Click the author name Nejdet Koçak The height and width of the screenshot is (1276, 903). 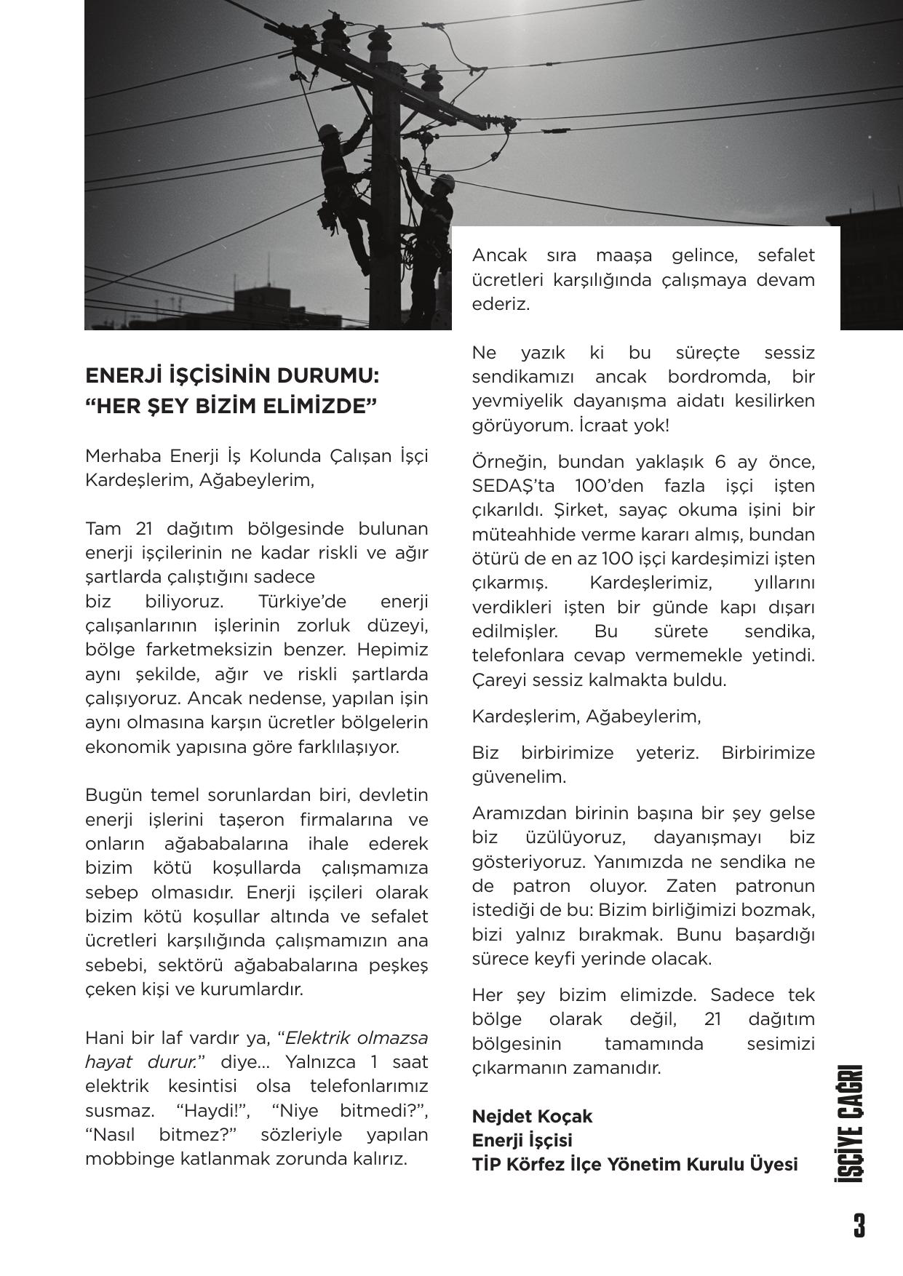tap(532, 1116)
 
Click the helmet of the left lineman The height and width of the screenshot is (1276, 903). tap(330, 131)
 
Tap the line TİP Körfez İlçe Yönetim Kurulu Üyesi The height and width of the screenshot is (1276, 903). tap(635, 1165)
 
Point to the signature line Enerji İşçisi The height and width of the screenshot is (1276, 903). tap(522, 1140)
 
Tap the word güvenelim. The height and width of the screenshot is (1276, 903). tap(519, 777)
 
